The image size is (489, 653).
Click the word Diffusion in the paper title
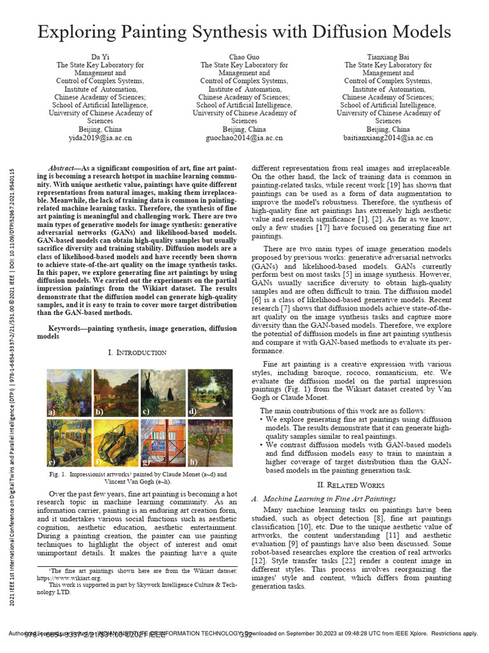click(350, 32)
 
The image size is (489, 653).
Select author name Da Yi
click(100, 57)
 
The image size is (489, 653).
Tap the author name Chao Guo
click(244, 57)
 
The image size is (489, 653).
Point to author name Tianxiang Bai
click(388, 57)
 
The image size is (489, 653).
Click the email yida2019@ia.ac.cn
click(100, 137)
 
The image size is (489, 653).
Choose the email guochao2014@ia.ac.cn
click(244, 137)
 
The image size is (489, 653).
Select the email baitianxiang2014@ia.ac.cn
click(388, 137)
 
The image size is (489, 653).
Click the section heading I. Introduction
click(137, 352)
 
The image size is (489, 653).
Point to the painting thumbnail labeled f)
click(115, 443)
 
